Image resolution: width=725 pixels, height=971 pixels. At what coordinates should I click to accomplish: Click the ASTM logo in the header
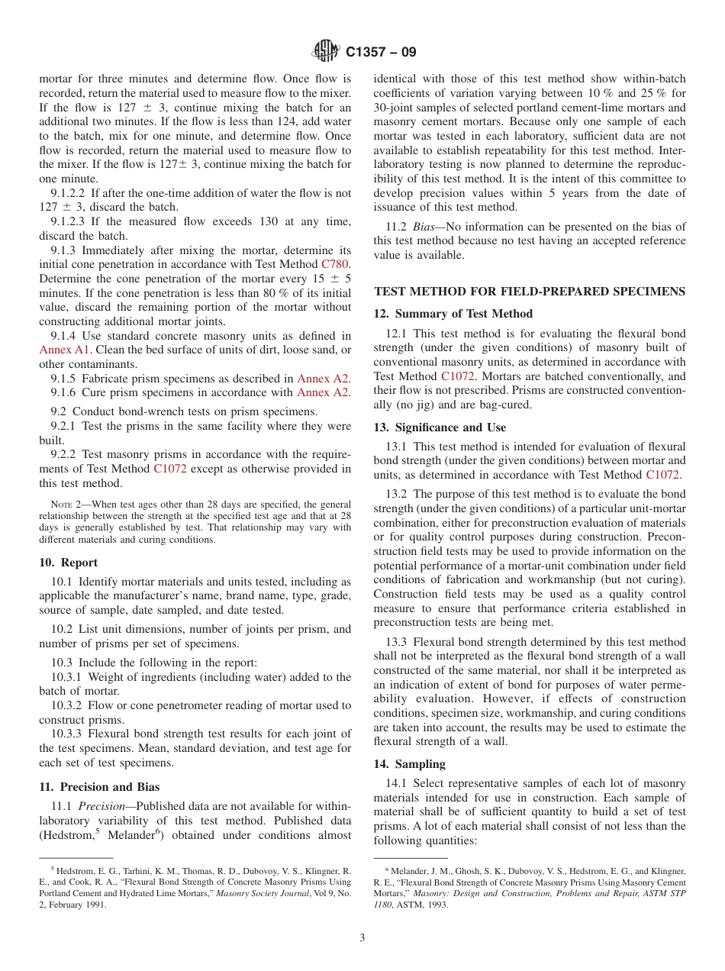point(326,52)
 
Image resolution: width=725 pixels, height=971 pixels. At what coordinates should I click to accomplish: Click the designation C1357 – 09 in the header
point(381,53)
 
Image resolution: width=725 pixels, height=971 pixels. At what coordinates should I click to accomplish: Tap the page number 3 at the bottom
point(362,938)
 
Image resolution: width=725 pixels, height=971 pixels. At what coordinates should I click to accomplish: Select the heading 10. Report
point(68,563)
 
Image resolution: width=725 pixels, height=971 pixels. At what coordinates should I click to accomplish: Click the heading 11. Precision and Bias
point(99,787)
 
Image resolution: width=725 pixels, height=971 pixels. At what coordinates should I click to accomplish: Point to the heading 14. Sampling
point(409,764)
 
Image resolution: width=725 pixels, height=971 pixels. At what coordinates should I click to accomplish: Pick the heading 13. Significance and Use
point(440,427)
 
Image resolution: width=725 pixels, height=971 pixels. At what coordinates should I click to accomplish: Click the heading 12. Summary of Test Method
point(453,314)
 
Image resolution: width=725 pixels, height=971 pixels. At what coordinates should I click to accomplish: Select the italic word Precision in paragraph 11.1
point(101,806)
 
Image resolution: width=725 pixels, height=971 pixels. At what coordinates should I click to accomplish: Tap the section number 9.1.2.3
point(70,221)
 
